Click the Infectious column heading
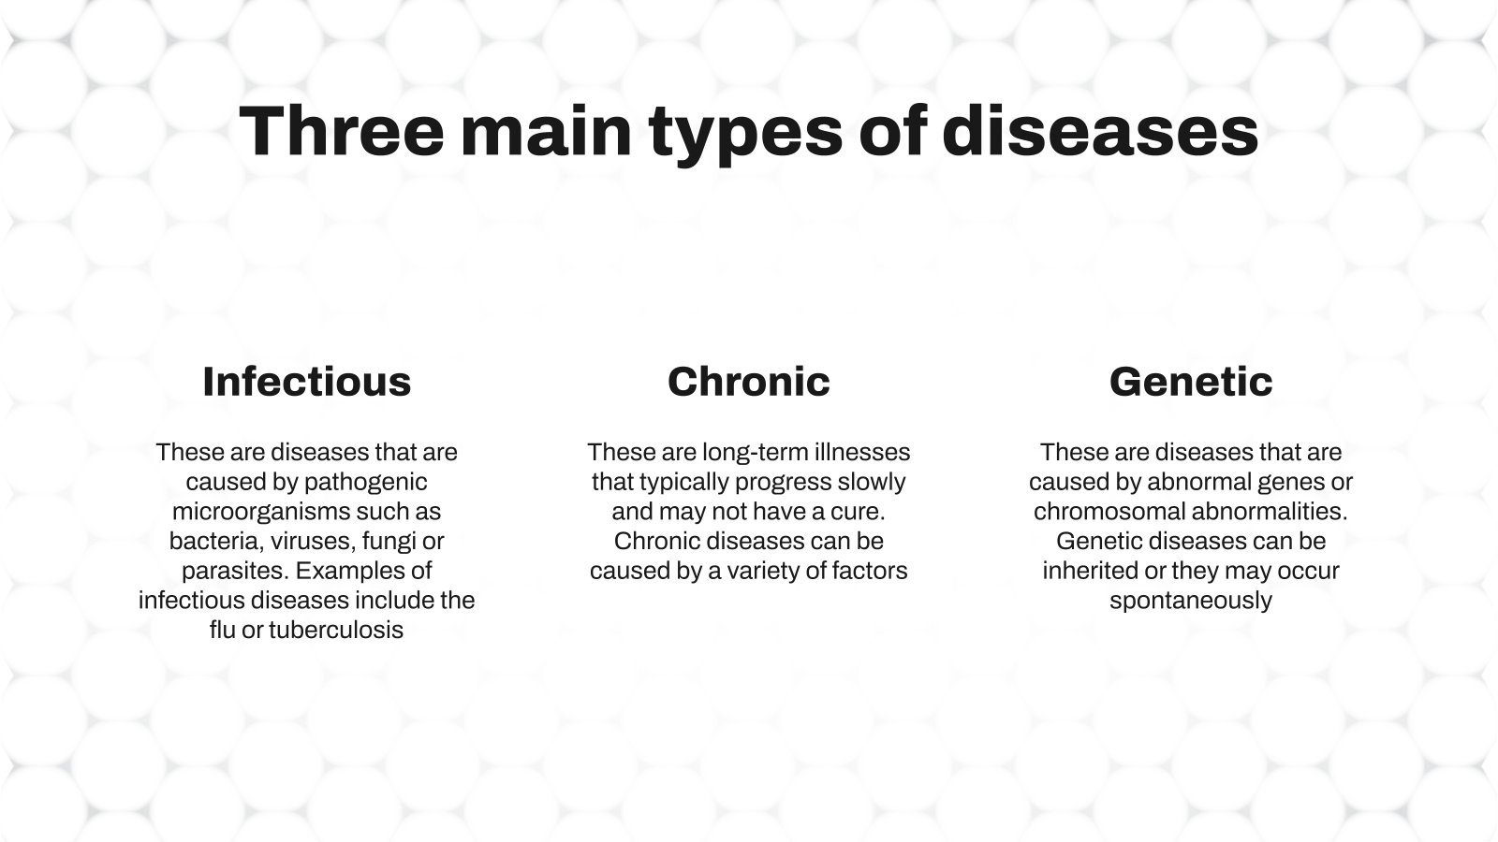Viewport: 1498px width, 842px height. (x=307, y=382)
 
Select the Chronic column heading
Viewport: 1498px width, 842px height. (x=749, y=382)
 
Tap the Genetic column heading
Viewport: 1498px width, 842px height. (x=1191, y=382)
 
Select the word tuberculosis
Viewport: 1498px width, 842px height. (x=336, y=630)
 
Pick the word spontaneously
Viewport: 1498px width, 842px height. (x=1191, y=601)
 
